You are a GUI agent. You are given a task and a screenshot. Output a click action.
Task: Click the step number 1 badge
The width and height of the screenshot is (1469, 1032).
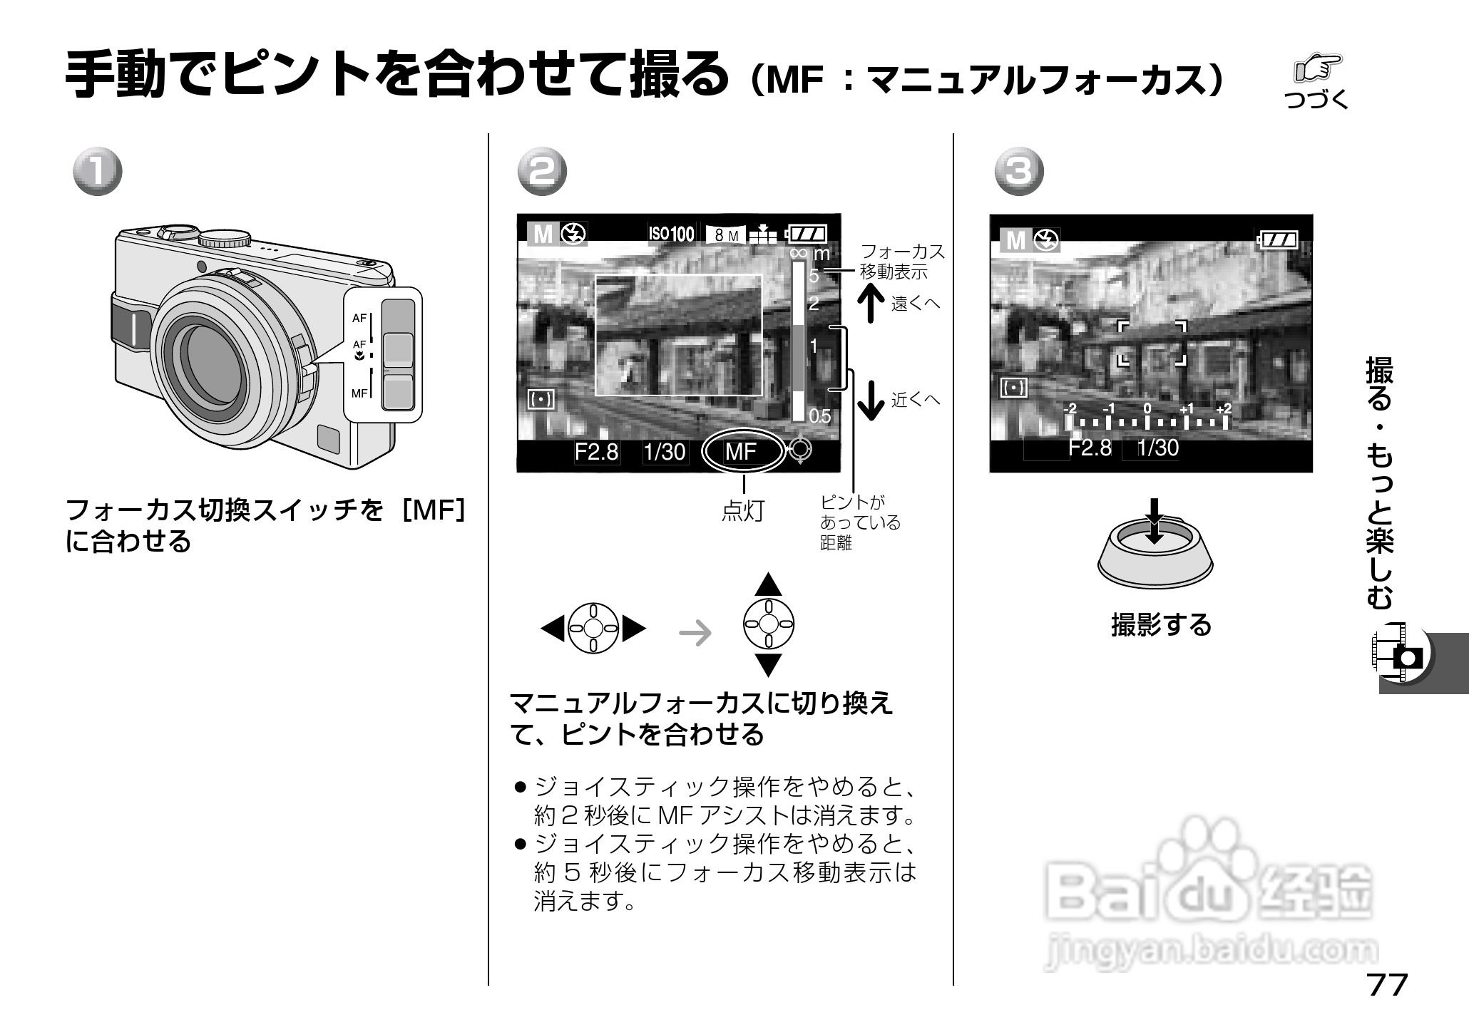pos(98,172)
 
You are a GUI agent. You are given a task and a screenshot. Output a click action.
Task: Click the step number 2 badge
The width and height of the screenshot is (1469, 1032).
pos(542,172)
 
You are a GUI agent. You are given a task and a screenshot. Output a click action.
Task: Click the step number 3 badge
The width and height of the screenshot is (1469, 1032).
pos(1020,172)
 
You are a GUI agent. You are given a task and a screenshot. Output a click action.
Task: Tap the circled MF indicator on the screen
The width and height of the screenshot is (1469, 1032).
pos(742,451)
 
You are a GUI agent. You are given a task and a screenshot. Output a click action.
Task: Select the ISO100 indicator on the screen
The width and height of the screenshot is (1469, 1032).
pos(670,234)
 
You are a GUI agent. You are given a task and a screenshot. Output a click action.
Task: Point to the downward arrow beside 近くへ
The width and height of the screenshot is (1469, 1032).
pos(871,400)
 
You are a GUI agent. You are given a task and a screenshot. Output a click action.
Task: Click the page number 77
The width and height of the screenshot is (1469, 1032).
pos(1387,985)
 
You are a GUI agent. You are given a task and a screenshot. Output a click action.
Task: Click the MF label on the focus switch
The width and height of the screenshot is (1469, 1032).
pos(359,393)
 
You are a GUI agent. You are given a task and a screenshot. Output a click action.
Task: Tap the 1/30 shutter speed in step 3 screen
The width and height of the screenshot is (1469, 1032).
pos(1157,448)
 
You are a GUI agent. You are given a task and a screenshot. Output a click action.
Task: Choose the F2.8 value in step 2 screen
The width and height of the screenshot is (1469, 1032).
pos(597,452)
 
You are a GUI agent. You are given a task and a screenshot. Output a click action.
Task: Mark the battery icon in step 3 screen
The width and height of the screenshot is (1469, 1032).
pos(1277,239)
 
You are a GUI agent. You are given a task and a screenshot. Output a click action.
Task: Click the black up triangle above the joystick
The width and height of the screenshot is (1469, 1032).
pos(768,584)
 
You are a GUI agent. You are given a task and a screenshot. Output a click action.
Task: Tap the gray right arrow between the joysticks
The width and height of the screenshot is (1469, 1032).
pos(695,631)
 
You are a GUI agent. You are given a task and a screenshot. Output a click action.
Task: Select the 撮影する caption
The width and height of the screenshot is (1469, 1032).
pos(1161,624)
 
